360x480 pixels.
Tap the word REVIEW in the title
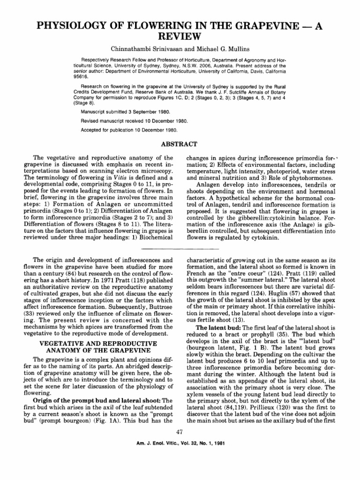(x=180, y=37)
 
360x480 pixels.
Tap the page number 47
(x=180, y=444)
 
